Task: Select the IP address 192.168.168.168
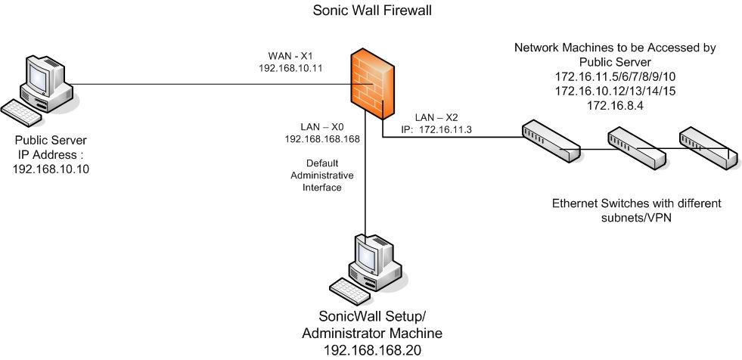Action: tap(321, 139)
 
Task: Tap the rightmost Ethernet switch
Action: tap(708, 148)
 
